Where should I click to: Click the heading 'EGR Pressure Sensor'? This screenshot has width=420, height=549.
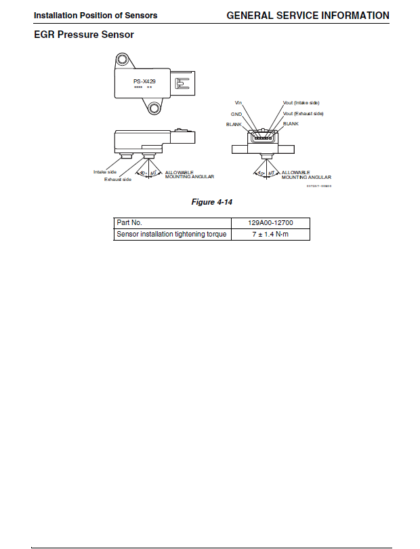(x=84, y=35)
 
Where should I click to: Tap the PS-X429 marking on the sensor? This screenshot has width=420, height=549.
(x=144, y=81)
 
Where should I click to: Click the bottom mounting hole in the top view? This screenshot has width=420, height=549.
(x=155, y=108)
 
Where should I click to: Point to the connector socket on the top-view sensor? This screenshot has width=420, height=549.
(x=182, y=83)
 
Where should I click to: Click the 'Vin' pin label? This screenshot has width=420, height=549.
(x=238, y=103)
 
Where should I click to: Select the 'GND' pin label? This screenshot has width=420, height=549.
(x=236, y=114)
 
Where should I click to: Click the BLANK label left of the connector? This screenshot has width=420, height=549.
(x=234, y=124)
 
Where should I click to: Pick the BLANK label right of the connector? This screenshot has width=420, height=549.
(x=291, y=124)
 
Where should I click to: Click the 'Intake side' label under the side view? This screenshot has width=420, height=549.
(x=105, y=171)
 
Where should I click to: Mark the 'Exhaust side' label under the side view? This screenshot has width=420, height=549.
(x=117, y=179)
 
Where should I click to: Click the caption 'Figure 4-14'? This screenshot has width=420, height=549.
(x=212, y=202)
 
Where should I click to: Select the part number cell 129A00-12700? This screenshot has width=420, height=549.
(x=270, y=223)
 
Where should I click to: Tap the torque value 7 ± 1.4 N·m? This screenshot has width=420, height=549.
(x=270, y=235)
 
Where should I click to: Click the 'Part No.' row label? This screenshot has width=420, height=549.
(x=129, y=223)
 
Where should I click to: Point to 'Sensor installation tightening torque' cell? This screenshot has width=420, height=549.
(x=171, y=235)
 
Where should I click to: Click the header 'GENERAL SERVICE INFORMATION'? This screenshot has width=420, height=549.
(x=308, y=15)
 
